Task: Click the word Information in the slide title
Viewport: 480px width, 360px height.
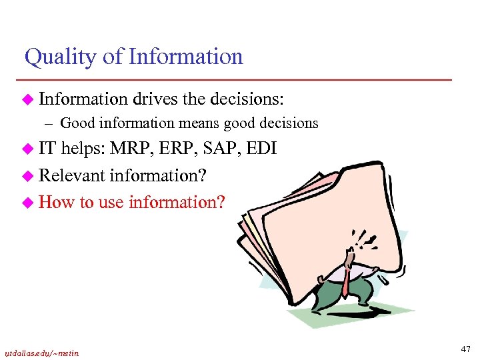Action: pos(185,57)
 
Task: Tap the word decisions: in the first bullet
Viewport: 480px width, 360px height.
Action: pos(247,99)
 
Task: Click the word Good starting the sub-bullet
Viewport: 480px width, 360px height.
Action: pos(73,123)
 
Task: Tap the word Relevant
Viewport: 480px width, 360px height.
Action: pos(71,176)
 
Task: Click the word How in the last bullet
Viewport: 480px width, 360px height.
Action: pos(57,201)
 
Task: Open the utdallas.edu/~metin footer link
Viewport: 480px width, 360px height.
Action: pos(42,353)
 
